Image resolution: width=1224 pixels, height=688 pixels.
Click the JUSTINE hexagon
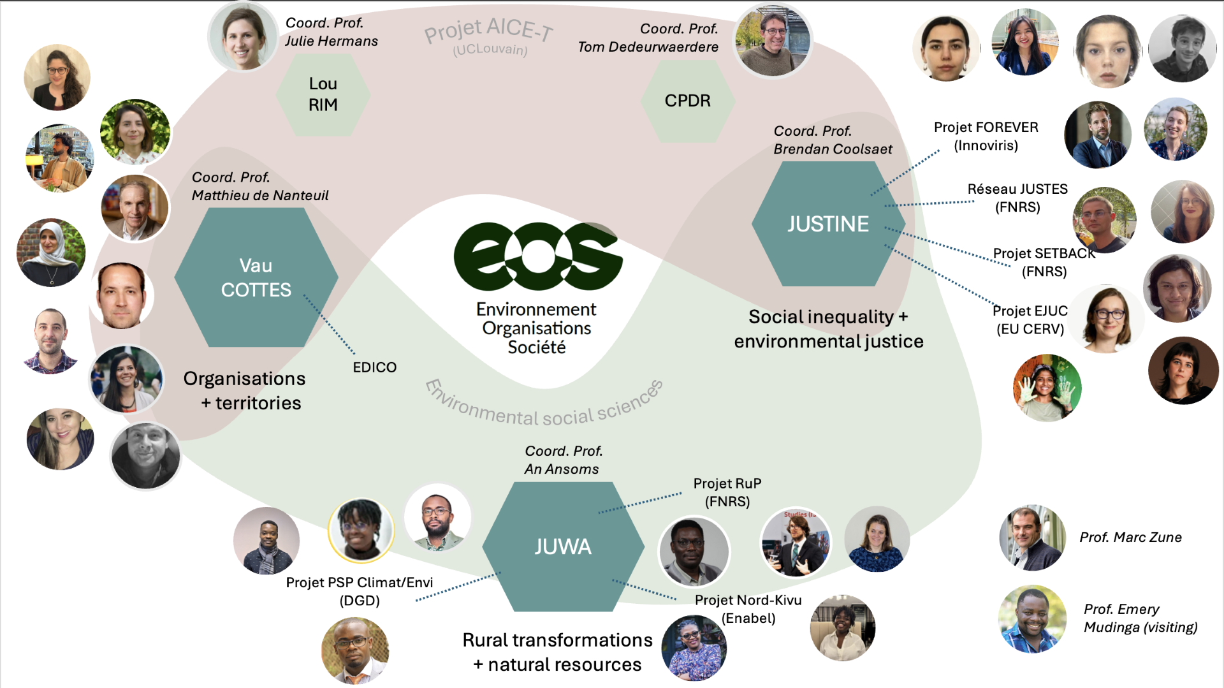click(828, 224)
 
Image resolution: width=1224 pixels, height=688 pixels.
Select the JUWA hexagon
click(563, 546)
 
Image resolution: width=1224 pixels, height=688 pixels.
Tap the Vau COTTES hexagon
click(256, 277)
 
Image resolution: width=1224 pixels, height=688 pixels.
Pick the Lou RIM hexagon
click(323, 94)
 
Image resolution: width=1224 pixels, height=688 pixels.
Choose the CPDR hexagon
click(688, 101)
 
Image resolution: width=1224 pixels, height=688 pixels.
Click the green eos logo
click(538, 256)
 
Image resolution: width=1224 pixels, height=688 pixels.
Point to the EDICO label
click(375, 367)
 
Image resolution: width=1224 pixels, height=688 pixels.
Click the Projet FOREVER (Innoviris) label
click(986, 136)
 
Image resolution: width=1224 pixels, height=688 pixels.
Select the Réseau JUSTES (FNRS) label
click(1017, 198)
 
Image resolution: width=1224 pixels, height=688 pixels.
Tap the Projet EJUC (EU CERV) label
click(1030, 319)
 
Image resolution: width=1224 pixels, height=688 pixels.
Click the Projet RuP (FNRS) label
click(727, 492)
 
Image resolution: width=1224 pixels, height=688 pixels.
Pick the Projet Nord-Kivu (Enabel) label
click(748, 609)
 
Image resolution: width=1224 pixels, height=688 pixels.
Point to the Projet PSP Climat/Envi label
click(360, 582)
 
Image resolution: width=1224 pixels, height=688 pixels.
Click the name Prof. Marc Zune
click(1130, 538)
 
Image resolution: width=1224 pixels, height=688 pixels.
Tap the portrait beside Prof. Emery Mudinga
click(1032, 619)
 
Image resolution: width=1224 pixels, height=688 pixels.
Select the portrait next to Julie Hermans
click(243, 37)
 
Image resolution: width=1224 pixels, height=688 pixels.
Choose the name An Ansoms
click(562, 469)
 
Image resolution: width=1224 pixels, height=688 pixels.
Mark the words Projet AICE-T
click(489, 29)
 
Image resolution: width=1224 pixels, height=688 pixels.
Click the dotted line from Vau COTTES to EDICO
click(329, 324)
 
